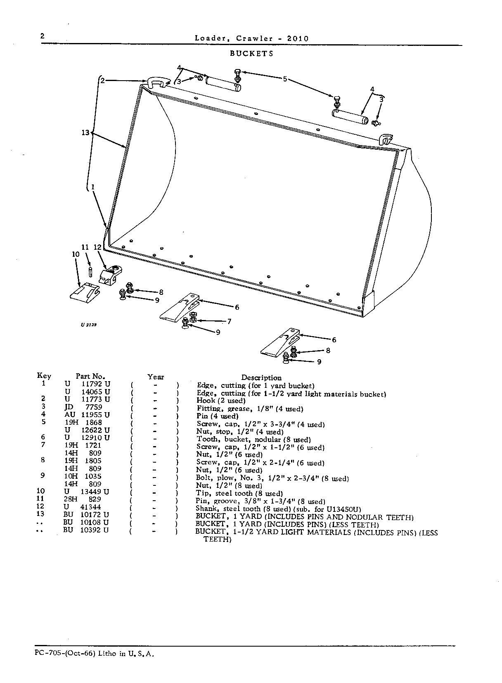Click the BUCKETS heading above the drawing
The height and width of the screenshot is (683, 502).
(251, 53)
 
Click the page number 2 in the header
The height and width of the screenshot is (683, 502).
(43, 36)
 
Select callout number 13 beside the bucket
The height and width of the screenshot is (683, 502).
(85, 133)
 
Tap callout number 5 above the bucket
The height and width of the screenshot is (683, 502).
(285, 79)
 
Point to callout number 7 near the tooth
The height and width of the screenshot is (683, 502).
(229, 321)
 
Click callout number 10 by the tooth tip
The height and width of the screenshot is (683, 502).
(76, 254)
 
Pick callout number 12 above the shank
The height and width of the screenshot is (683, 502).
(97, 247)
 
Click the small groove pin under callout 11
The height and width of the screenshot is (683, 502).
(91, 272)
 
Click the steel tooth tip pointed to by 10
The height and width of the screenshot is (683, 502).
(85, 292)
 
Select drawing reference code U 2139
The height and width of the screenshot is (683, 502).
(89, 325)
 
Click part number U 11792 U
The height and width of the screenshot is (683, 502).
(88, 384)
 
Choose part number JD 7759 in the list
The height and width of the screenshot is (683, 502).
(83, 407)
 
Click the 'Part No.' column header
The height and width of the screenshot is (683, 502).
(90, 376)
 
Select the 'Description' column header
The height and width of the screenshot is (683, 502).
(261, 378)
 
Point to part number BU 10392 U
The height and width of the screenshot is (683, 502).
(86, 530)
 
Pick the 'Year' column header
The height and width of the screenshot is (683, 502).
(156, 377)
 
